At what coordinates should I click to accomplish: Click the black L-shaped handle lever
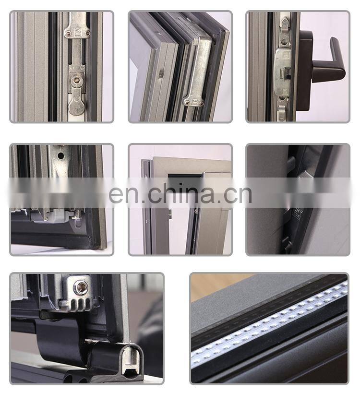point(333,68)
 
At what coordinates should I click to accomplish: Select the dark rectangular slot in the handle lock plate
point(286,73)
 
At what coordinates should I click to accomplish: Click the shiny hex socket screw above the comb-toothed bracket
point(81,288)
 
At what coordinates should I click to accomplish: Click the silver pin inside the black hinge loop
point(131,358)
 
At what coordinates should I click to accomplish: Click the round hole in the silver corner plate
point(61,155)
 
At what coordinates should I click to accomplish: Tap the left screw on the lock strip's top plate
point(68,33)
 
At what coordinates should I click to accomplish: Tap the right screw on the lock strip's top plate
point(88,33)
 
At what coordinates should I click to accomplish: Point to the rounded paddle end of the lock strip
point(76,107)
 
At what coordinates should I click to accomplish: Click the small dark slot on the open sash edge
point(160,74)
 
